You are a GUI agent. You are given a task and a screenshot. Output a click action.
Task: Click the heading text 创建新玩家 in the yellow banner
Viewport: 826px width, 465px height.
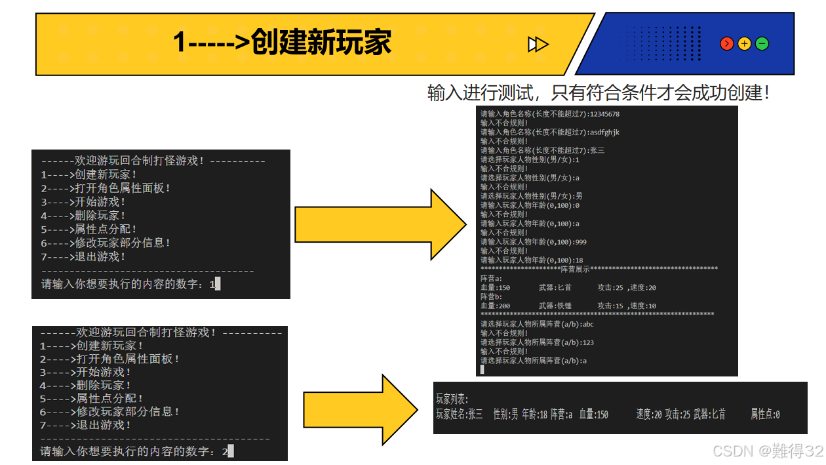click(x=321, y=43)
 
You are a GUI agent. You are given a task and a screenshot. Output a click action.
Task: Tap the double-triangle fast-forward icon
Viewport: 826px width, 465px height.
click(x=538, y=44)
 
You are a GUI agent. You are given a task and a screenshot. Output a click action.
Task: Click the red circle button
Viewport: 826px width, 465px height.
click(x=726, y=44)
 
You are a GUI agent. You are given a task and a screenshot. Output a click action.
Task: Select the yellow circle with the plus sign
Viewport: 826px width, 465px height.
click(x=744, y=44)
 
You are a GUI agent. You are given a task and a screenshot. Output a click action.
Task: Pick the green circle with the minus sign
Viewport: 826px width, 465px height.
click(x=762, y=44)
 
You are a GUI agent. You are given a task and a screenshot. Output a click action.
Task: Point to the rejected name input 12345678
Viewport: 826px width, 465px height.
click(x=604, y=114)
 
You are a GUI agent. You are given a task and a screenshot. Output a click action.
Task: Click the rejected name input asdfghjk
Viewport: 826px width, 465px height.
click(x=604, y=132)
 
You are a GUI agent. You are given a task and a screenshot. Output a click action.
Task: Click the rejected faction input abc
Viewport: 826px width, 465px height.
click(x=588, y=324)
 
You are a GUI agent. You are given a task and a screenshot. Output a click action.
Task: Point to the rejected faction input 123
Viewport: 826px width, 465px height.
click(x=588, y=342)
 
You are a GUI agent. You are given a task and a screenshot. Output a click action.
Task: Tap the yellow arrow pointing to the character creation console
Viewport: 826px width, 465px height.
click(x=380, y=225)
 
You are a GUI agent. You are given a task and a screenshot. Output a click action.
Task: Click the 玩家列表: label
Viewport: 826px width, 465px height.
click(x=452, y=399)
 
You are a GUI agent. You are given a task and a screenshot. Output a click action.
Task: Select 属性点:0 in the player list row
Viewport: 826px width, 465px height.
click(x=765, y=414)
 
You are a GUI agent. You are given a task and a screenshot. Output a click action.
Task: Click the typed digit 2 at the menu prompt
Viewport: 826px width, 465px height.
click(x=224, y=451)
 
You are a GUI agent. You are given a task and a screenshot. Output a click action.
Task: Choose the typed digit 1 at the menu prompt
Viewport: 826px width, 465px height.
click(x=211, y=284)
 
